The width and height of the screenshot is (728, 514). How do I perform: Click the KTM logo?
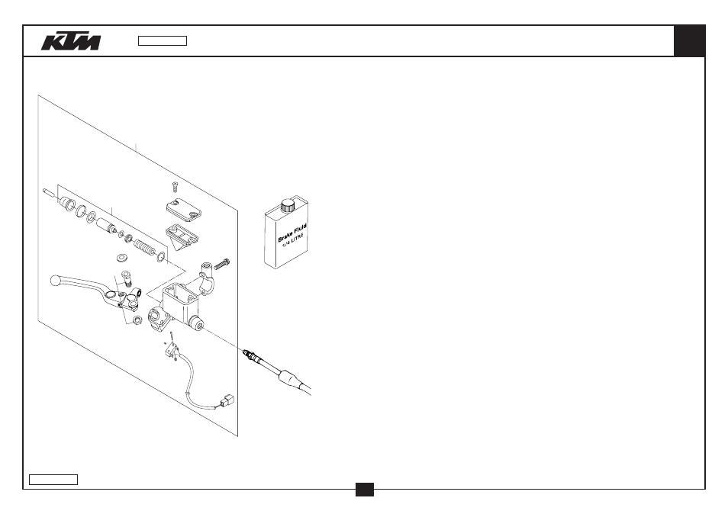tap(71, 41)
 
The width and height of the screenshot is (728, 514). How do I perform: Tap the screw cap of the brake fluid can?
tap(288, 205)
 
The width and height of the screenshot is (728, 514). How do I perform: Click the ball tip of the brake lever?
tap(55, 280)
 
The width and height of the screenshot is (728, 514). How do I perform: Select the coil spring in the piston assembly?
tap(145, 247)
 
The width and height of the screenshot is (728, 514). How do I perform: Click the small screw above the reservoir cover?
tap(175, 187)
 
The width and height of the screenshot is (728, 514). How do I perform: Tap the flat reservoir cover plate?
tap(184, 210)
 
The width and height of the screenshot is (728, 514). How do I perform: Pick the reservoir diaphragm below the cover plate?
tap(182, 236)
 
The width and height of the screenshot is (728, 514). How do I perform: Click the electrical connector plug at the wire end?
tap(228, 400)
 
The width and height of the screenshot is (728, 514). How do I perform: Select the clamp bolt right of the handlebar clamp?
tap(221, 265)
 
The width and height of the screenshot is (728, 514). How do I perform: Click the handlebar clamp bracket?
tap(207, 278)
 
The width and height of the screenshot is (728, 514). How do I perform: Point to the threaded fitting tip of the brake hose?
tap(251, 356)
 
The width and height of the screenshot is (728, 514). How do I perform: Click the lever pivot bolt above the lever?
tap(126, 278)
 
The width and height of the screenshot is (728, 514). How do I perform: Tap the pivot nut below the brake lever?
tap(137, 320)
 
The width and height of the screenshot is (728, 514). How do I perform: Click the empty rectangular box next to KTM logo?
tap(163, 41)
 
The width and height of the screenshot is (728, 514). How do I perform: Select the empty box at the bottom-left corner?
tap(53, 480)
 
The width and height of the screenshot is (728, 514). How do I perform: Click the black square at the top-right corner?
tap(690, 41)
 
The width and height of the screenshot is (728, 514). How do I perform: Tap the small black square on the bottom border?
tap(365, 490)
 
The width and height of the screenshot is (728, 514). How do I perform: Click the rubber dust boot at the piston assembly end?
tap(67, 203)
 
